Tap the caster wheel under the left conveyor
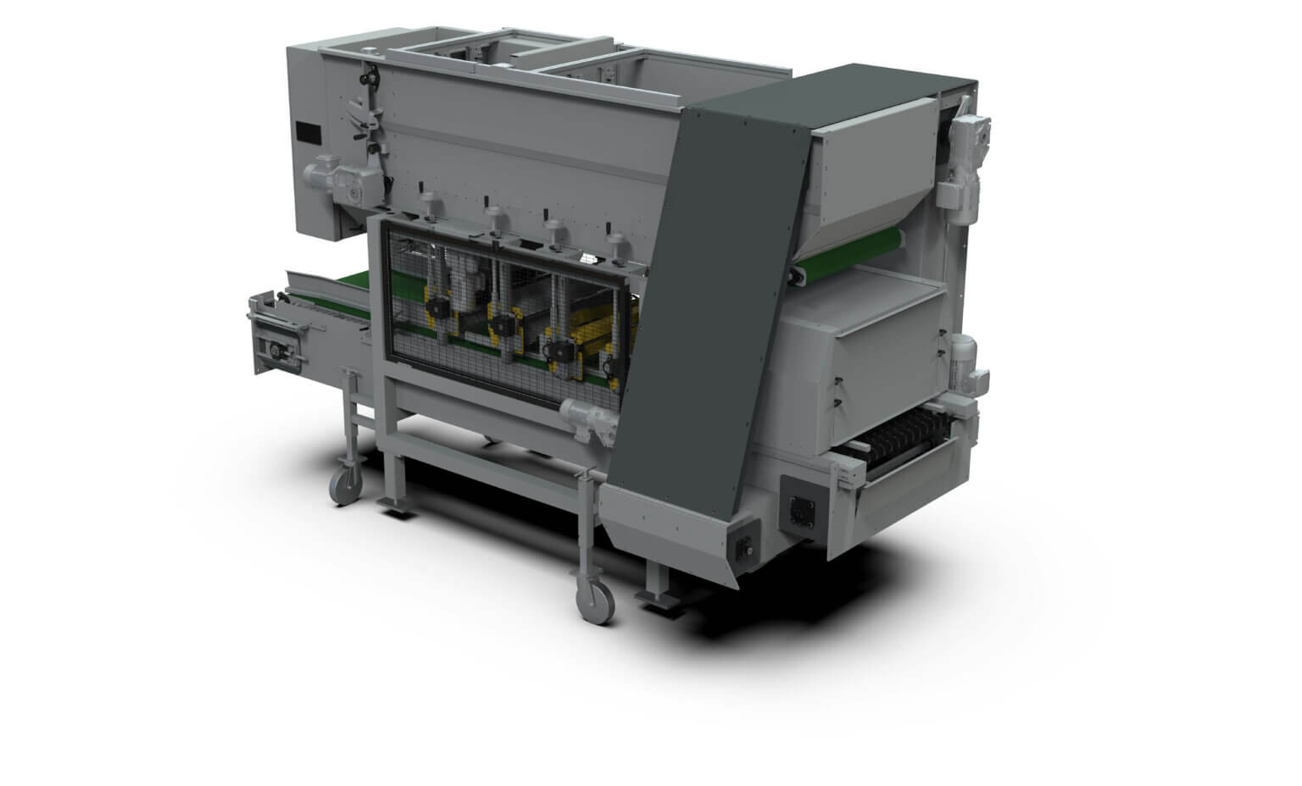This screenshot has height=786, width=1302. coord(346,485)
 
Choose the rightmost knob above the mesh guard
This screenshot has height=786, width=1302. coord(611,233)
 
